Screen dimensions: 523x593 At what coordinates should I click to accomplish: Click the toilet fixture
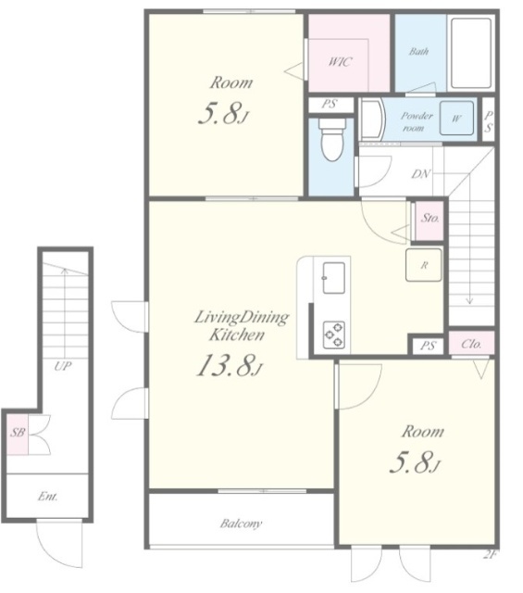(x=332, y=139)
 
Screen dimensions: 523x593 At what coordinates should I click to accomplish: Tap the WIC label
(x=340, y=62)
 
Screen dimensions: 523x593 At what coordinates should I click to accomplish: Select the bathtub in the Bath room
(x=471, y=53)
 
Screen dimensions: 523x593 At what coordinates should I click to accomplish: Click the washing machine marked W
(x=456, y=118)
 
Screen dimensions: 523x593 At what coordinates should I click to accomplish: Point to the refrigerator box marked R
(x=423, y=265)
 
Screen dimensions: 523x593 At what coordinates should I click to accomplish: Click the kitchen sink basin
(x=333, y=278)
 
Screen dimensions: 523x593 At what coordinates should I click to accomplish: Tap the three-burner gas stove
(x=333, y=334)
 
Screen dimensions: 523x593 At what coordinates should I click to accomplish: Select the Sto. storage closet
(x=430, y=221)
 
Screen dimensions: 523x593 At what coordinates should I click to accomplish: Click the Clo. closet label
(x=471, y=344)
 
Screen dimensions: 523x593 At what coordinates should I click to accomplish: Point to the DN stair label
(x=420, y=174)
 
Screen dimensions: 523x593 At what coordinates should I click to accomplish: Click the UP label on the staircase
(x=62, y=366)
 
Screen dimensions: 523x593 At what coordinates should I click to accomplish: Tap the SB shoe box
(x=18, y=434)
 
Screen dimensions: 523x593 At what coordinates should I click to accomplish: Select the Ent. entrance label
(x=47, y=497)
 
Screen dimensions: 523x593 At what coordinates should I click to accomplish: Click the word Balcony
(x=241, y=524)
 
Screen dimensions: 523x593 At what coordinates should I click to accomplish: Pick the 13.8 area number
(x=229, y=366)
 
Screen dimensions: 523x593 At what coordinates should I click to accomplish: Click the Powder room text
(x=416, y=121)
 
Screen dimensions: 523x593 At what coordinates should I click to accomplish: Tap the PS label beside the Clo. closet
(x=427, y=346)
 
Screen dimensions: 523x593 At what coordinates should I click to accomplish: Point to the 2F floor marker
(x=490, y=555)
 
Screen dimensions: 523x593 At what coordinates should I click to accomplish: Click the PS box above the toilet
(x=330, y=105)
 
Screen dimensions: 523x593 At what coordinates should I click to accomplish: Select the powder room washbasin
(x=370, y=120)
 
